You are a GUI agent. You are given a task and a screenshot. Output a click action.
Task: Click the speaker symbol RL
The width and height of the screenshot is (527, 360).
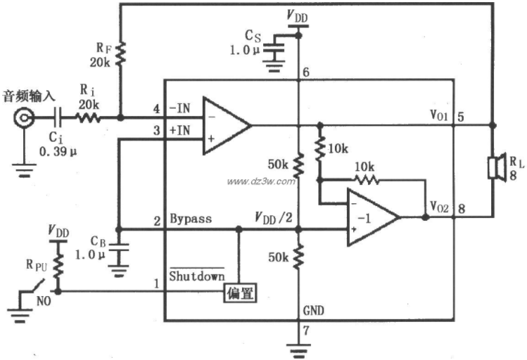coord(497,167)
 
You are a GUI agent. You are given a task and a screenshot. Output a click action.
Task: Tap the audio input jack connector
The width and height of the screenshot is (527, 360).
coord(24,117)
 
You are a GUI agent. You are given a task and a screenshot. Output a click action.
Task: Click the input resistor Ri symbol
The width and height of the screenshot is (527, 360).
coord(87,117)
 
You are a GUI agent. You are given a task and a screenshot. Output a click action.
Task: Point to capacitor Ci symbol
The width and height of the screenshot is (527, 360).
coord(58,117)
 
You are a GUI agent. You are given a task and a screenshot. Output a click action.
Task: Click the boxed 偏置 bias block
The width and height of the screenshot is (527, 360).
coord(240,293)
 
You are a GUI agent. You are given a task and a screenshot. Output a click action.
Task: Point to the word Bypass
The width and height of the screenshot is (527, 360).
coord(191,219)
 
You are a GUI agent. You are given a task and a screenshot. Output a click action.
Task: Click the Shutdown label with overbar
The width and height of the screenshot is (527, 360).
coord(197,275)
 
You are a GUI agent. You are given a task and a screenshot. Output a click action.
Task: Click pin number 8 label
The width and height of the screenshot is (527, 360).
coord(462,209)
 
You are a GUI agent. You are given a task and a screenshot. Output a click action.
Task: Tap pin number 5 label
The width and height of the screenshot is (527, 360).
coord(461,117)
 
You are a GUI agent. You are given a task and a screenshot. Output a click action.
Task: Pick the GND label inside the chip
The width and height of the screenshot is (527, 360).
coord(314,311)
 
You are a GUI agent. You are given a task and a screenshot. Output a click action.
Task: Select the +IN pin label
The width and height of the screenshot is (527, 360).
coord(180,130)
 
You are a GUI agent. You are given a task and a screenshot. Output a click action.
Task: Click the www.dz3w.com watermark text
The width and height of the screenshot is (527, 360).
coord(261,181)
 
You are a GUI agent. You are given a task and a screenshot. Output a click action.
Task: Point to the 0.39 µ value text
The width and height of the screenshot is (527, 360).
coord(58,151)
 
